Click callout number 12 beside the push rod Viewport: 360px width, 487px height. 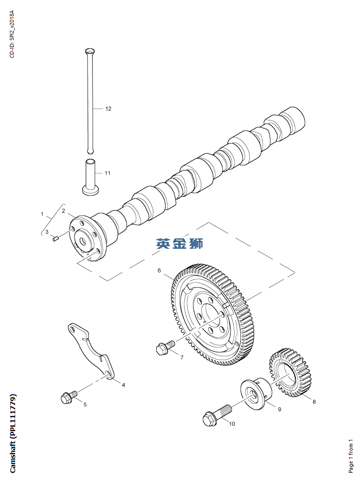[x=108, y=109]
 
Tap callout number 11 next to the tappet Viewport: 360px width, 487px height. [x=107, y=173]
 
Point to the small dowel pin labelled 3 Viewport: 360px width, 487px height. [x=55, y=239]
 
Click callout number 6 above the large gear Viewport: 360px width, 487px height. [x=159, y=270]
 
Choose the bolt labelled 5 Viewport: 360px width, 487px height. [x=68, y=396]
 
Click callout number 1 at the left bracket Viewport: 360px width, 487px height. [x=42, y=215]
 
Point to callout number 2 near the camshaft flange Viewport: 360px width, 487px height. [x=63, y=211]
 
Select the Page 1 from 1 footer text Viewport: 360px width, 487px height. [x=350, y=456]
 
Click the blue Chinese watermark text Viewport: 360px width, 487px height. [x=179, y=243]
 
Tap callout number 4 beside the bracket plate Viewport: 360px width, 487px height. [x=123, y=385]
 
